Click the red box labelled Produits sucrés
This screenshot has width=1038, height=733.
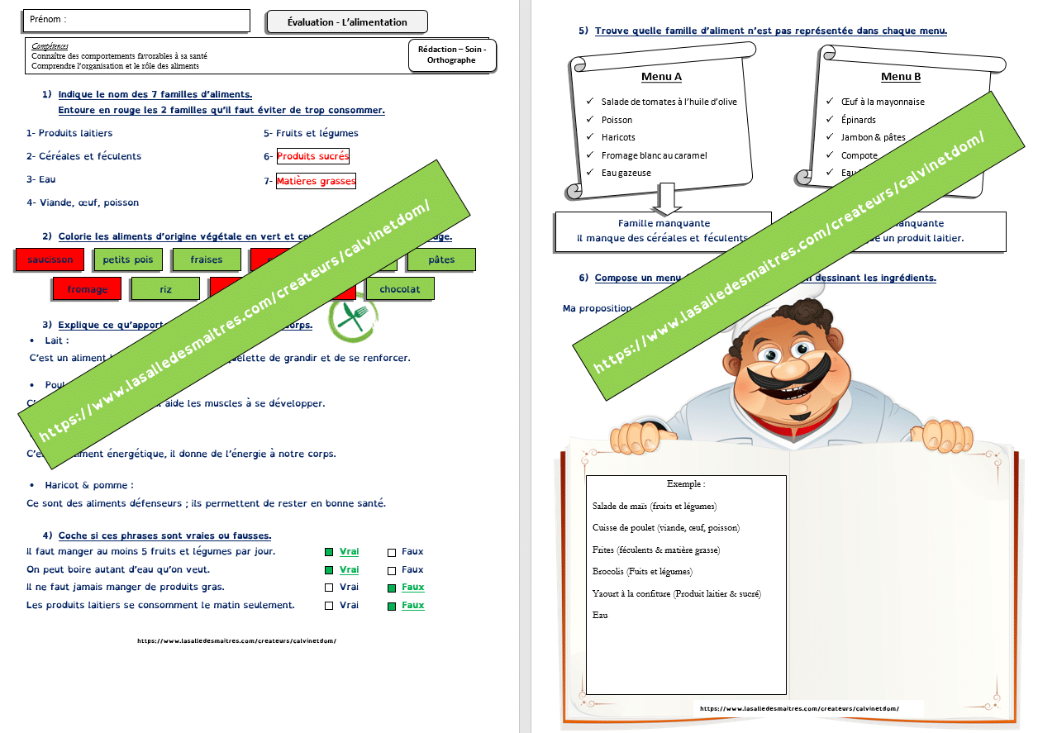coord(312,156)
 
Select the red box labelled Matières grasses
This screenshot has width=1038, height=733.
coord(316,181)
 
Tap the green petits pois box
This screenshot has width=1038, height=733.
coord(128,259)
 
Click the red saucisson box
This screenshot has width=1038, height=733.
coord(50,259)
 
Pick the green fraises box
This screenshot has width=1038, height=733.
coord(207,259)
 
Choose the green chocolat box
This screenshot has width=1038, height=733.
coord(400,289)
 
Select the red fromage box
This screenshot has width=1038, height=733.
coord(88,289)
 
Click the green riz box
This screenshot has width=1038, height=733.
coord(165,289)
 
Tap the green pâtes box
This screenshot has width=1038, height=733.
coord(442,259)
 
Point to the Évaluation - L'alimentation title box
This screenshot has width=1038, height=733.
coord(347,22)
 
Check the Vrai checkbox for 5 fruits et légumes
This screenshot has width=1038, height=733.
coord(329,552)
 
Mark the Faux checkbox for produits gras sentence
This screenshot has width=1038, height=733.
coord(392,588)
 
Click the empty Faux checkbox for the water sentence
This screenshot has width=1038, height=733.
coord(392,570)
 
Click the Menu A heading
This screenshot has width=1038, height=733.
coord(661,77)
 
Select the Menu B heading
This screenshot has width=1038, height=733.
coord(901,77)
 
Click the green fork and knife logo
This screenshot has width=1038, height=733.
coord(354,317)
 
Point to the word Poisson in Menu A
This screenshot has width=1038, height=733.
coord(617,120)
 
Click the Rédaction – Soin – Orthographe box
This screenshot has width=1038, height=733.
coord(452,55)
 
